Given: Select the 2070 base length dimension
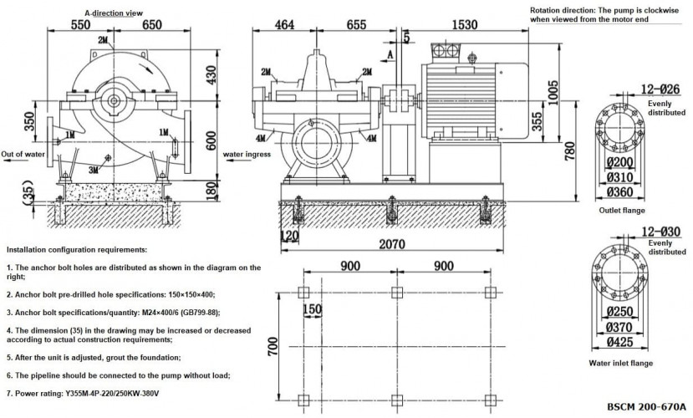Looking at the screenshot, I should point(386,244).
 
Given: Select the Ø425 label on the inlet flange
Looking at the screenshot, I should point(620,341).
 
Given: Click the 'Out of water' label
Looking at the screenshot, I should point(23,155).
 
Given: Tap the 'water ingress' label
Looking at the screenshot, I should point(247,155).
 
